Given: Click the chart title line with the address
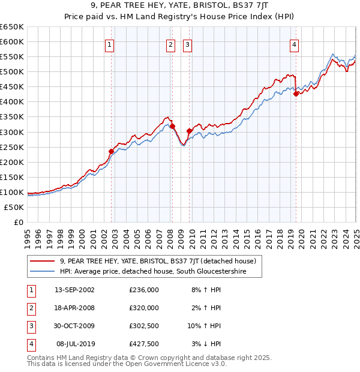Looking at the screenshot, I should (179, 7).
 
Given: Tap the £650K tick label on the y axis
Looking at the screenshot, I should (12, 27).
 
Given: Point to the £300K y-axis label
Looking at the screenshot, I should (12, 132).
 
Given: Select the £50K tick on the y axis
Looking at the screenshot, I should (14, 207).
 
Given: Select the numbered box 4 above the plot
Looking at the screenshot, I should (295, 44).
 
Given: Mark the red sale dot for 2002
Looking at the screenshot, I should (112, 151).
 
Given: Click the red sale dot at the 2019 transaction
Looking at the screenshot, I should (296, 94).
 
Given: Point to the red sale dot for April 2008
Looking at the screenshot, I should (172, 126).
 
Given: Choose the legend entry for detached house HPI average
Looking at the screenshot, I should (161, 272).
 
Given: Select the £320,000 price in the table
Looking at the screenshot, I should (143, 308).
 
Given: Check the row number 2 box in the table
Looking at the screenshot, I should (30, 308).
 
